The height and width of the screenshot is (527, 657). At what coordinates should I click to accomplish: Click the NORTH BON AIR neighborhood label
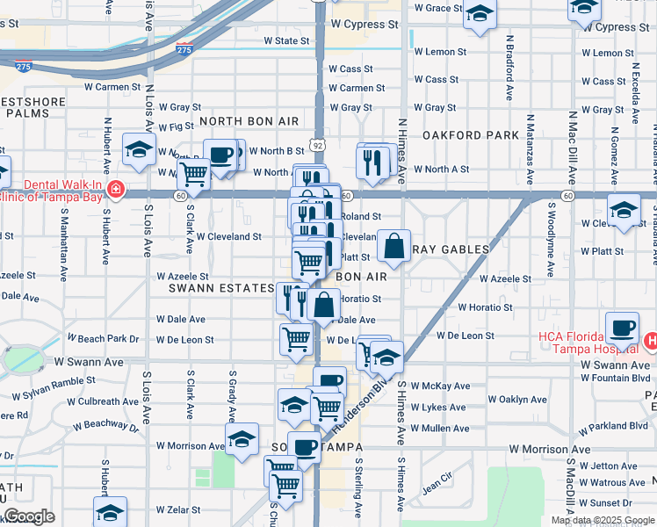(x=249, y=121)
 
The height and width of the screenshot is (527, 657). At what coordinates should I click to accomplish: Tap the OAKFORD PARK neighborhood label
(x=471, y=135)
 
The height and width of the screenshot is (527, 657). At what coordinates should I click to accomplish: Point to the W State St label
(x=286, y=41)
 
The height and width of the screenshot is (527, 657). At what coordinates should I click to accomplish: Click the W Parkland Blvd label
(x=613, y=426)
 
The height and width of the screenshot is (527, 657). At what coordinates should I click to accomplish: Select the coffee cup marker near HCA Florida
(x=623, y=328)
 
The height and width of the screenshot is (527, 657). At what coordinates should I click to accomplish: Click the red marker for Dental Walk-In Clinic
(x=115, y=190)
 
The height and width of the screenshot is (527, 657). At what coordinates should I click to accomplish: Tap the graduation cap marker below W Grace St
(x=480, y=13)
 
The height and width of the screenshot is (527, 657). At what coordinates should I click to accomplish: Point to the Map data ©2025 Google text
(x=603, y=520)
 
